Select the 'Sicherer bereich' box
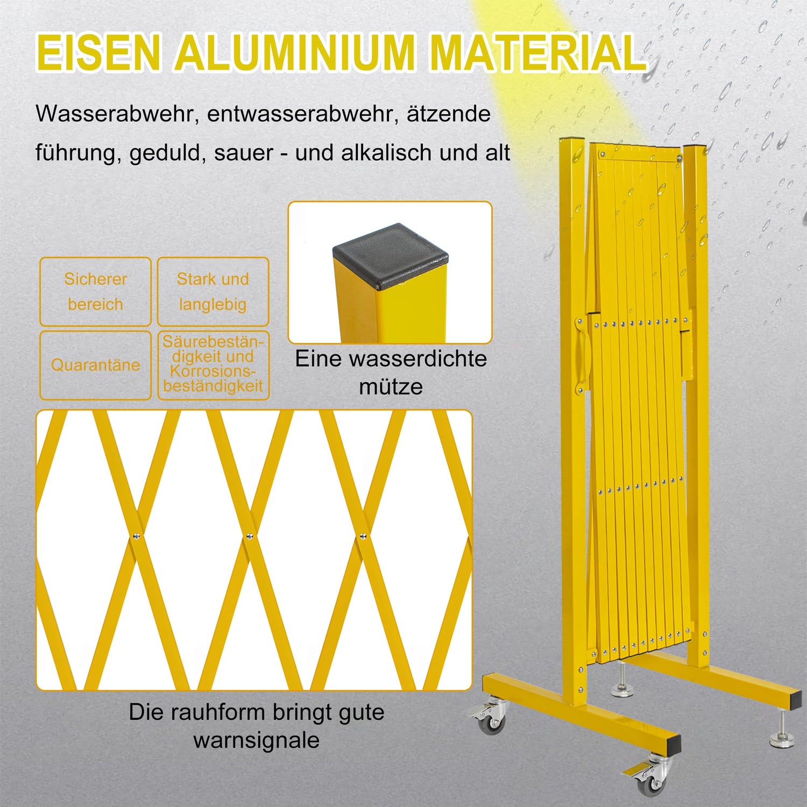tap(95, 292)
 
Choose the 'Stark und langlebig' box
tap(213, 292)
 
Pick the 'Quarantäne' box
tap(95, 365)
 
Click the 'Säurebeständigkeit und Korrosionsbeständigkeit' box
tap(213, 365)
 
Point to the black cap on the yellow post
tap(391, 256)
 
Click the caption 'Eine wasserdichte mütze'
tap(391, 372)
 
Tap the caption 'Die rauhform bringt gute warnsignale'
tap(257, 726)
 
